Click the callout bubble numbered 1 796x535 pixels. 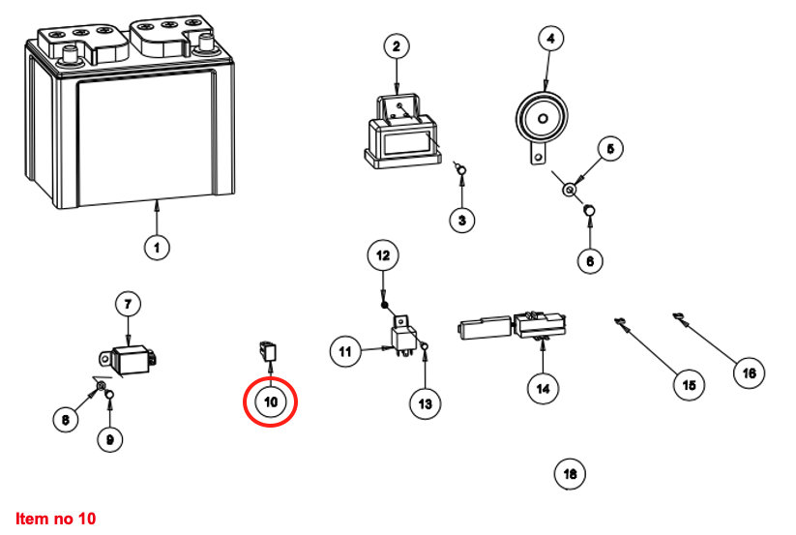157,247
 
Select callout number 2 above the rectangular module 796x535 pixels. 397,45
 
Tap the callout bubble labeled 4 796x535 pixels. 550,39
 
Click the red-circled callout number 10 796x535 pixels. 270,401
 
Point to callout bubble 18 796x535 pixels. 570,473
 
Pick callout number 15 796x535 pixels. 689,384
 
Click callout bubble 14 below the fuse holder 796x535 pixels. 543,388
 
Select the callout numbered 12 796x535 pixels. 383,256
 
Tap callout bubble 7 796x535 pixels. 129,304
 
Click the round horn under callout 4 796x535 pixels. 538,119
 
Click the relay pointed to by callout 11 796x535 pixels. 404,337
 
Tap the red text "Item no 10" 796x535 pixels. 56,519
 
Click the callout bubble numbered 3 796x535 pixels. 462,221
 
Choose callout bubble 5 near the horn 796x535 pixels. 610,149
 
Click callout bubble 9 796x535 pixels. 109,439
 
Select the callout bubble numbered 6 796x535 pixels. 590,259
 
